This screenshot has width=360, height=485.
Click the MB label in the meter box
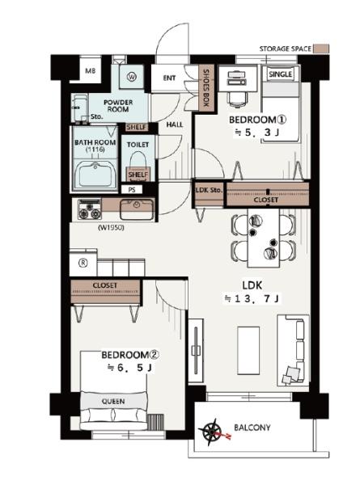[91, 71]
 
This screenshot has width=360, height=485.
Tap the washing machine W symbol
[132, 77]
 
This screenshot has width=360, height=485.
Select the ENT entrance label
[169, 78]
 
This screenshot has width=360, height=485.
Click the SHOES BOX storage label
[205, 87]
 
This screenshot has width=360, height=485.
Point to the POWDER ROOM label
[118, 105]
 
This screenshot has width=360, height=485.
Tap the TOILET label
[138, 145]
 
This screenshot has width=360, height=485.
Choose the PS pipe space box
[132, 189]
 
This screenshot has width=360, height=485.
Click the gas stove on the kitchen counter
[90, 209]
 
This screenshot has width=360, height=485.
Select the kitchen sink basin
[137, 209]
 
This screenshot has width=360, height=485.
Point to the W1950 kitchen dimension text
[111, 228]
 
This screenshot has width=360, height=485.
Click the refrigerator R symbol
[83, 263]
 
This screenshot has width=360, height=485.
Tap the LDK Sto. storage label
[209, 190]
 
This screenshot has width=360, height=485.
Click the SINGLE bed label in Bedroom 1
[280, 74]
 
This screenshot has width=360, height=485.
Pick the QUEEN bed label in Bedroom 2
[113, 401]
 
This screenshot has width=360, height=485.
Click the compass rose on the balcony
[212, 432]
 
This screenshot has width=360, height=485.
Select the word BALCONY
[252, 428]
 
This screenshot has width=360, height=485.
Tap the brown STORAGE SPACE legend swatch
[321, 48]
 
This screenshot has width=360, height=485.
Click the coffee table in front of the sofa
[248, 351]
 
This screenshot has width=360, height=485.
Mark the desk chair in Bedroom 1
[238, 100]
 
